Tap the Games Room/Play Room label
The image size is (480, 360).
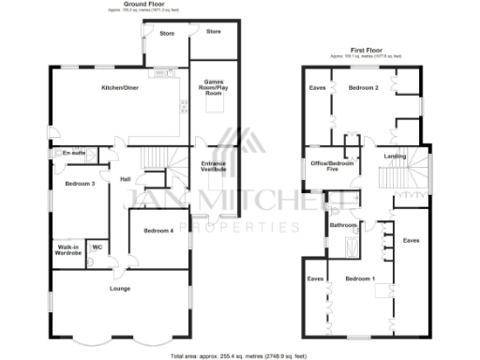(x=213, y=88)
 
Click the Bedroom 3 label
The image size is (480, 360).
(x=80, y=184)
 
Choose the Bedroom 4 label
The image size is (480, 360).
(x=157, y=231)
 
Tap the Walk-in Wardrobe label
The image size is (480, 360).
(x=67, y=250)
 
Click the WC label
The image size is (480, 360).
(x=97, y=247)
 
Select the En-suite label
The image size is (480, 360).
(x=73, y=153)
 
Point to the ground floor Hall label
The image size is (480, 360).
(x=125, y=179)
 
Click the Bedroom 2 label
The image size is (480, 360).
(x=364, y=87)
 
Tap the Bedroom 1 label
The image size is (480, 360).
(x=359, y=279)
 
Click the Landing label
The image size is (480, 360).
(x=395, y=157)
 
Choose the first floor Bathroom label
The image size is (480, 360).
(x=343, y=226)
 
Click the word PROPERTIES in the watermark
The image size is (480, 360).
(x=240, y=227)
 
